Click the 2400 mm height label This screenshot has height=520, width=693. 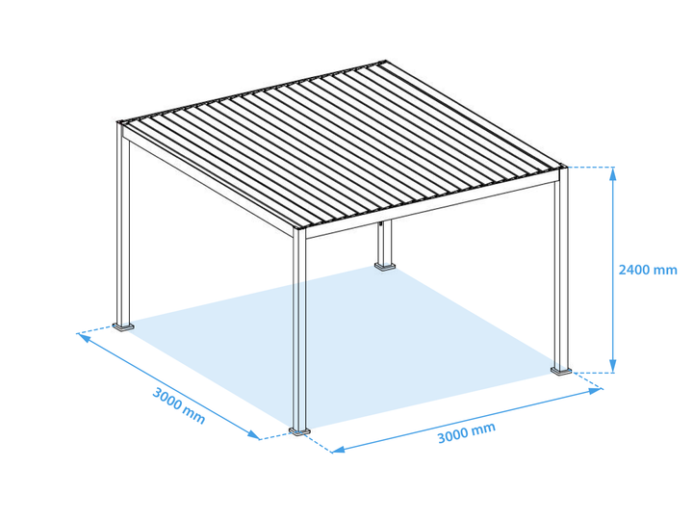[647, 270]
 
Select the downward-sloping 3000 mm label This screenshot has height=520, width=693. [179, 404]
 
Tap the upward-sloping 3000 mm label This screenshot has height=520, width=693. [467, 433]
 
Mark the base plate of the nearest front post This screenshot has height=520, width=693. [299, 430]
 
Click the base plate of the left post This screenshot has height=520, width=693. [124, 325]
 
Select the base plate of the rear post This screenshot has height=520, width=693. [386, 267]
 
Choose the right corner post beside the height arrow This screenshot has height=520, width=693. [561, 270]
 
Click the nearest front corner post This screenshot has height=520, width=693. [299, 327]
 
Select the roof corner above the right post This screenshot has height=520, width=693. [563, 167]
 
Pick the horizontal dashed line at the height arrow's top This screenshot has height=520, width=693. [589, 168]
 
